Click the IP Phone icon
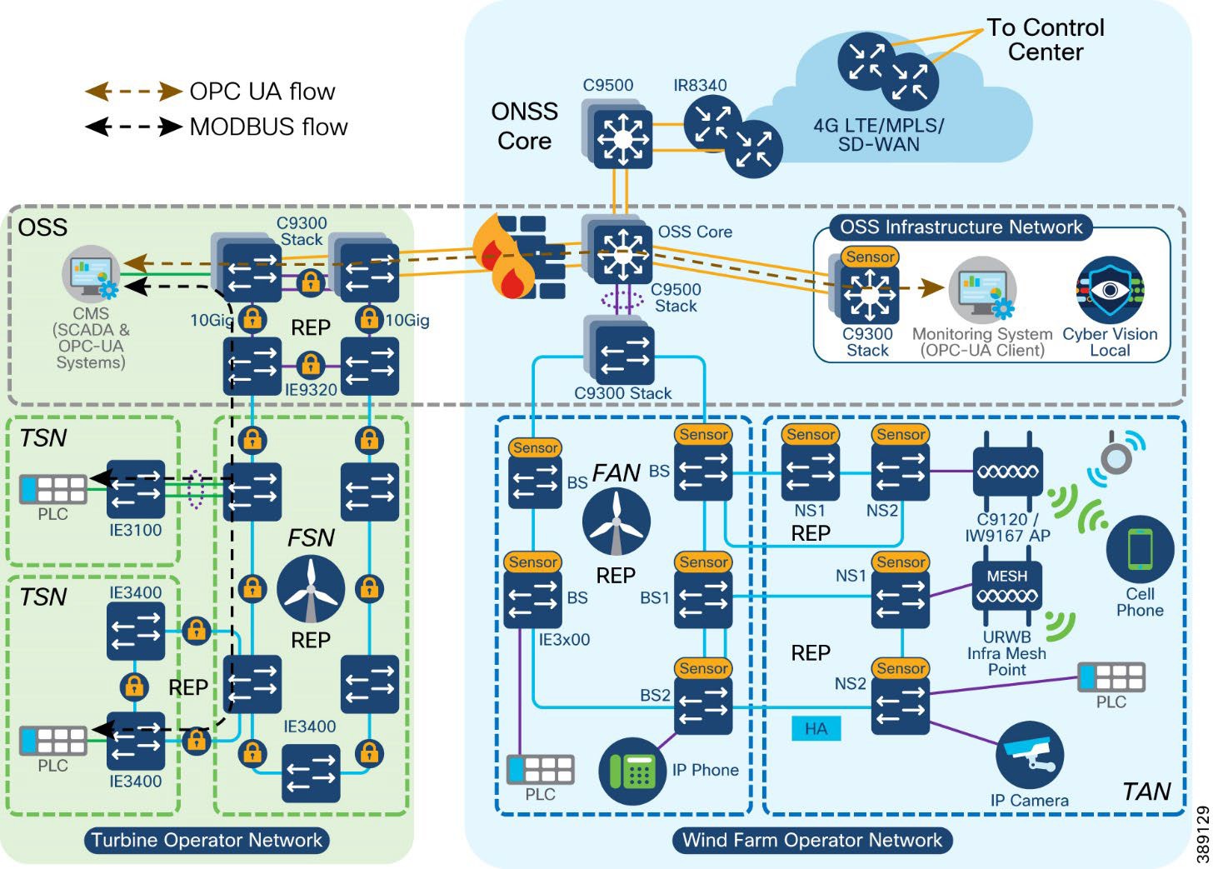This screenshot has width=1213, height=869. [x=633, y=772]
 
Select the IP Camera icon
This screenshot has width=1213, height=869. [x=1030, y=755]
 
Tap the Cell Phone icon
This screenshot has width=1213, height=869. [x=1140, y=549]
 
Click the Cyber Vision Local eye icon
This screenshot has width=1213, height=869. [x=1110, y=290]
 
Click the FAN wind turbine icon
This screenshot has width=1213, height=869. [x=616, y=522]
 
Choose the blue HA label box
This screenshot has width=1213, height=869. [x=816, y=729]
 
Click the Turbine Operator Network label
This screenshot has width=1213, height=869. [x=207, y=840]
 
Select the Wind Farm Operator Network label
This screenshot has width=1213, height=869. [x=812, y=840]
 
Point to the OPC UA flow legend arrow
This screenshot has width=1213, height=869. [x=134, y=91]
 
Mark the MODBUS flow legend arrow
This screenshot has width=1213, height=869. [x=134, y=127]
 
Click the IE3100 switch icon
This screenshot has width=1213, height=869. [x=136, y=490]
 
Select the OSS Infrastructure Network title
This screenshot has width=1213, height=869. [x=961, y=227]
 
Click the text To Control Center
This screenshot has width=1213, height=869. [x=1046, y=39]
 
